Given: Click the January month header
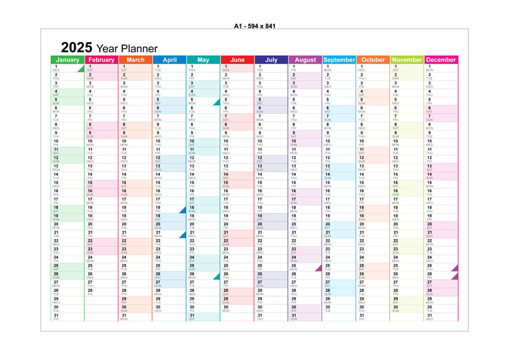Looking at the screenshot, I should point(67,60).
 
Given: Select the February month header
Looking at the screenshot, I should point(101,60).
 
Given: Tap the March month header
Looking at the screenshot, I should point(136,60).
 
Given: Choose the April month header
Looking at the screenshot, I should point(169,60).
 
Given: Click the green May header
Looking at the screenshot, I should point(204,60).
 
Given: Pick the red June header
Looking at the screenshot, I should point(237,60).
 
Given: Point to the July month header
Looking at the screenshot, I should point(271,60).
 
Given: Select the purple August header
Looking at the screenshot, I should point(305,60).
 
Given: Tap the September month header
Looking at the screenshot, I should point(339,60).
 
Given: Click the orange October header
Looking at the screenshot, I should point(373,60).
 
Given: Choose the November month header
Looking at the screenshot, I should point(407,60).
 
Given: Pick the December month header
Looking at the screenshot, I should point(442,60).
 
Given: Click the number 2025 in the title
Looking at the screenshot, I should point(76,48).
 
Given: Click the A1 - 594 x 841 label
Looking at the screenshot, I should point(254,25).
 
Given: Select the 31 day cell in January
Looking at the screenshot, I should point(67,317).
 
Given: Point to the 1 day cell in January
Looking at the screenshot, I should point(67,68).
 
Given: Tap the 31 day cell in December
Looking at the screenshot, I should point(442,317).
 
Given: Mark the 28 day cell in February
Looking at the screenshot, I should point(101,292).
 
